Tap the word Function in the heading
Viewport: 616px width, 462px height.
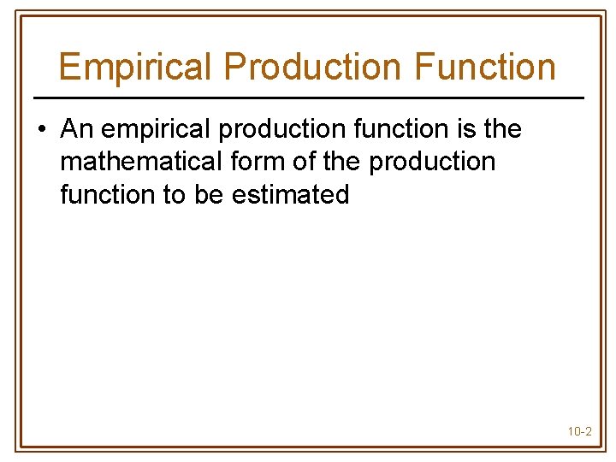[479, 66]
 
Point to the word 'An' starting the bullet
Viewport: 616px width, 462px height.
[76, 129]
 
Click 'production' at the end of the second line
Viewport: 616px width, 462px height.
[432, 162]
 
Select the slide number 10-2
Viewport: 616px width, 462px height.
[579, 431]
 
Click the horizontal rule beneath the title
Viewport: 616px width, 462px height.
[308, 98]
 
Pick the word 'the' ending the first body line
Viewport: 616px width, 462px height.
[502, 129]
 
